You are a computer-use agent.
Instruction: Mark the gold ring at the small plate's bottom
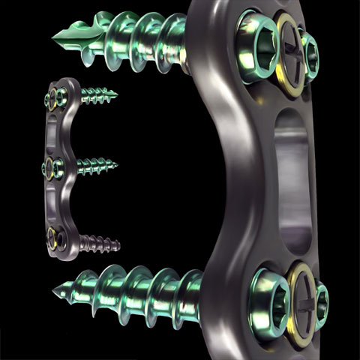[53, 239]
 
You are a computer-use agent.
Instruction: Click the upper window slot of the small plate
[53, 132]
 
